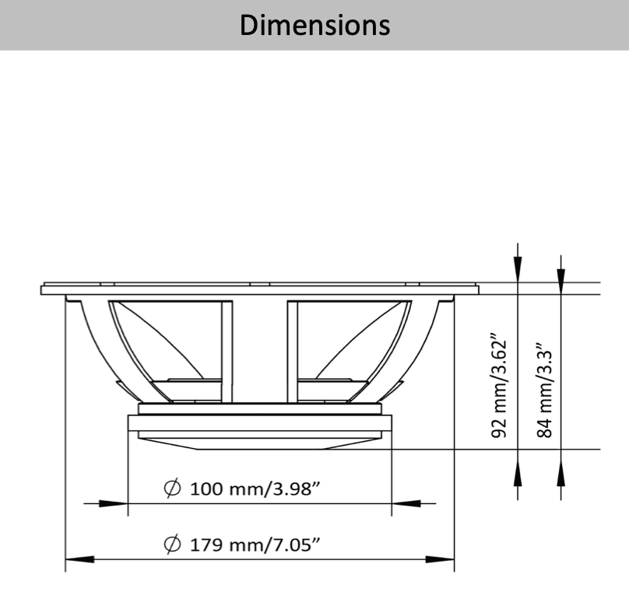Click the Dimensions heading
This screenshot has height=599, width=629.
point(315,25)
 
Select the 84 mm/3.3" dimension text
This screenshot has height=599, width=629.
point(545,390)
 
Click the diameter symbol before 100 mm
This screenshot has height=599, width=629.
point(173,489)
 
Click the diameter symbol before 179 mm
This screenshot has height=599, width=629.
point(173,544)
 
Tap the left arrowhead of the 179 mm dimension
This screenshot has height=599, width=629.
point(80,559)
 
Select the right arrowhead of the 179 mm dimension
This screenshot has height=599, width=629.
point(440,559)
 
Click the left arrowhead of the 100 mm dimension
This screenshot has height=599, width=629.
point(113,503)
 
